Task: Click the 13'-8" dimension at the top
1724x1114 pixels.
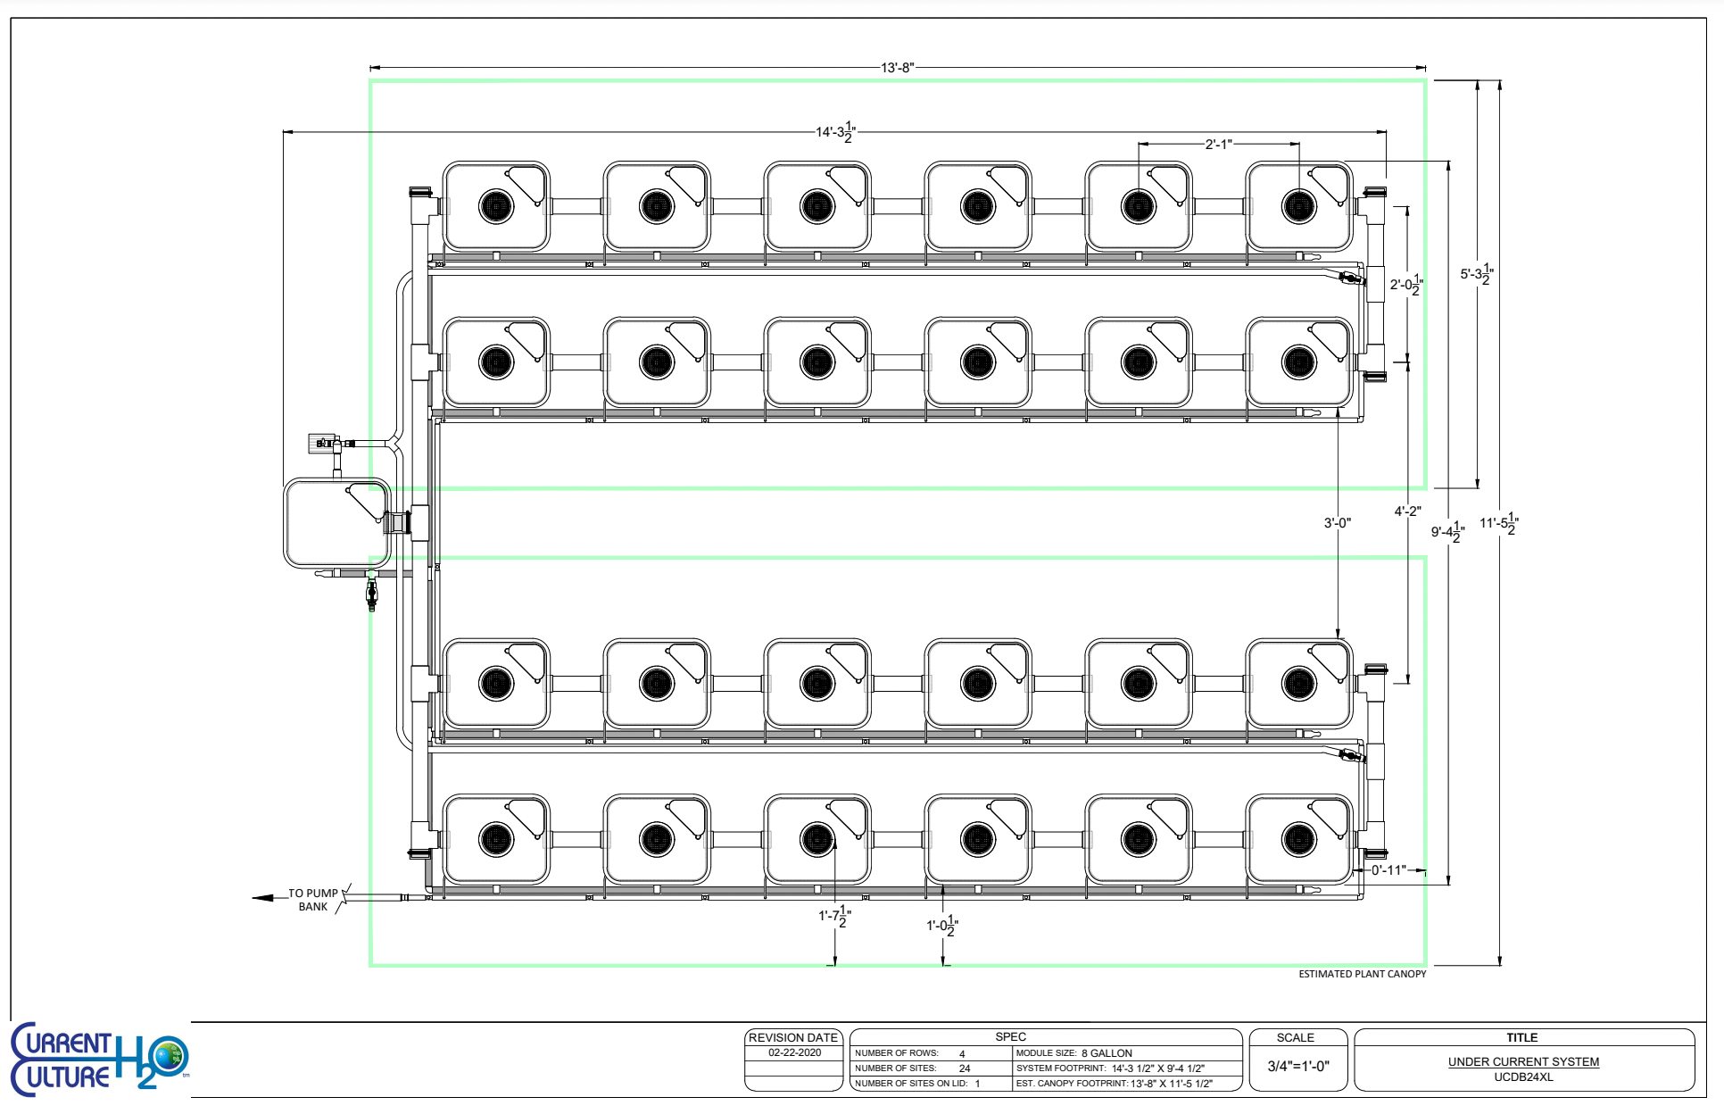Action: click(x=897, y=68)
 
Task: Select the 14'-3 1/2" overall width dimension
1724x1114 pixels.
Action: click(x=835, y=131)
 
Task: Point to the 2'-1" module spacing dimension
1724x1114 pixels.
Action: click(x=1218, y=144)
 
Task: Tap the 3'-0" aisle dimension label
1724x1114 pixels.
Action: click(x=1337, y=523)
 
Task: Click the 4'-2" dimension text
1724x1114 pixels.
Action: click(x=1407, y=511)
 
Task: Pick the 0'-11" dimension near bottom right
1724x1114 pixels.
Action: click(x=1388, y=869)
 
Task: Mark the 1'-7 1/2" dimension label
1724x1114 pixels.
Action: click(x=835, y=916)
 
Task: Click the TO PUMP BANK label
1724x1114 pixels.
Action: click(x=313, y=900)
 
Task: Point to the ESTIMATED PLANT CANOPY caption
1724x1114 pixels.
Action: click(x=1362, y=974)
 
